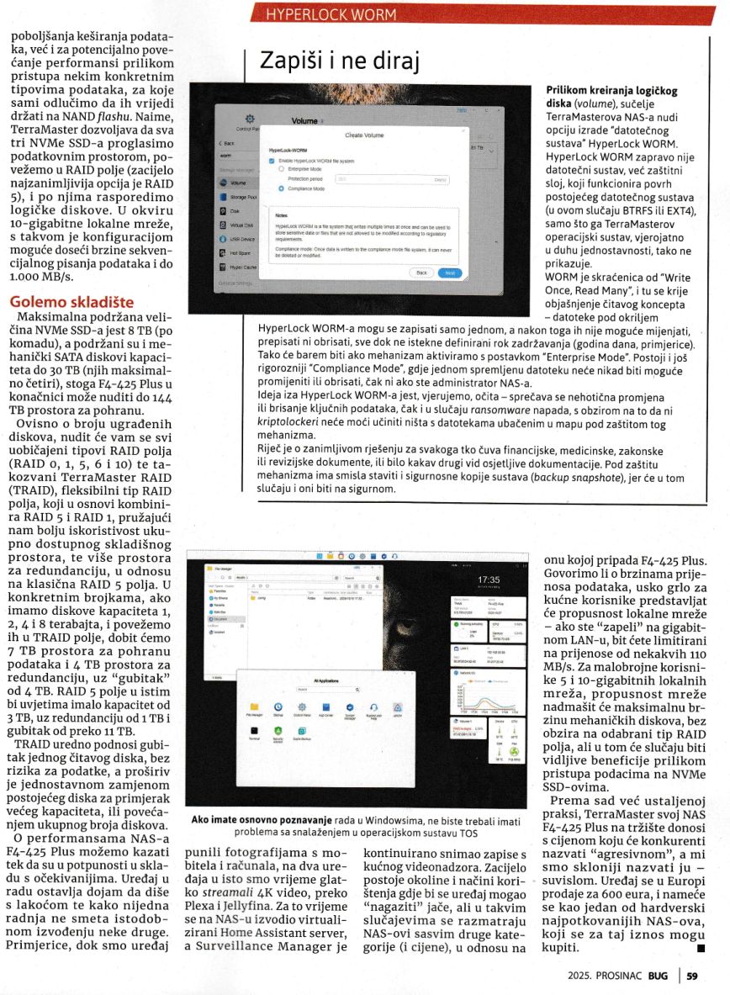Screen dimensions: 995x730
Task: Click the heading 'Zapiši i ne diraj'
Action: [x=339, y=61]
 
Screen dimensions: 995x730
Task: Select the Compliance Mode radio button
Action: [x=281, y=190]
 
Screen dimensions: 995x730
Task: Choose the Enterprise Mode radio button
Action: [x=281, y=168]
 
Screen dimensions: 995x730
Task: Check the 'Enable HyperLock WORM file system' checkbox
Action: [x=272, y=160]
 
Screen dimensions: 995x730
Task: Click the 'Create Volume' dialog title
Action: [x=364, y=135]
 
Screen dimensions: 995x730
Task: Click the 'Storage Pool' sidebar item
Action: [x=242, y=196]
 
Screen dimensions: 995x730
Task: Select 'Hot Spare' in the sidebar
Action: [x=241, y=251]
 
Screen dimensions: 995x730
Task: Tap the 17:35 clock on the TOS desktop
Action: [x=488, y=580]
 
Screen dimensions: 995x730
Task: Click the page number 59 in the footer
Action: [x=692, y=976]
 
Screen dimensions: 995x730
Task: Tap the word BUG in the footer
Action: [x=658, y=976]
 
